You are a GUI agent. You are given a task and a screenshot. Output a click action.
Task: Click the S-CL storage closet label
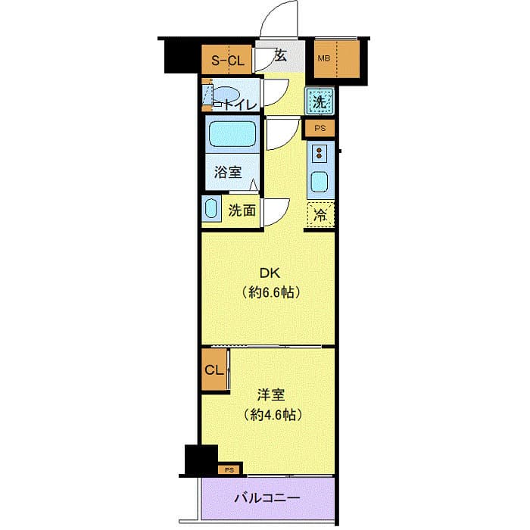pyautogui.click(x=227, y=61)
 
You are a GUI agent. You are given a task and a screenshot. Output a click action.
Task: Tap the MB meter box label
pyautogui.click(x=323, y=58)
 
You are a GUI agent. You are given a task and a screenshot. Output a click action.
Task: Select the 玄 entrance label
pyautogui.click(x=280, y=56)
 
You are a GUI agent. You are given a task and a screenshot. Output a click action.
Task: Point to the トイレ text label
pyautogui.click(x=240, y=105)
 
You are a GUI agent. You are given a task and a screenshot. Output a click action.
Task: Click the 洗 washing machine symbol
pyautogui.click(x=320, y=101)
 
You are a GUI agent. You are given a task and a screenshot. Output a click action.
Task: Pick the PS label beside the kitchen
pyautogui.click(x=320, y=129)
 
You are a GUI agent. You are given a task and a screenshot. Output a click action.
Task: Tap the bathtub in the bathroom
pyautogui.click(x=232, y=134)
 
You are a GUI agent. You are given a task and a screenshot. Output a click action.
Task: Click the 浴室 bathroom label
pyautogui.click(x=227, y=173)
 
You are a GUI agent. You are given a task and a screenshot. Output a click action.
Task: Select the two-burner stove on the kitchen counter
pyautogui.click(x=319, y=154)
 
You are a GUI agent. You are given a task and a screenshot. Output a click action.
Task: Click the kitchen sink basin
pyautogui.click(x=319, y=182)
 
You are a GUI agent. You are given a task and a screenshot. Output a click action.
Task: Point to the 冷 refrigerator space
pyautogui.click(x=320, y=214)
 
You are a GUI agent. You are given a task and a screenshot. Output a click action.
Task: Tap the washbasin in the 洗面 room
pyautogui.click(x=210, y=208)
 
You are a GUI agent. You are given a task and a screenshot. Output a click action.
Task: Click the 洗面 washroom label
pyautogui.click(x=242, y=210)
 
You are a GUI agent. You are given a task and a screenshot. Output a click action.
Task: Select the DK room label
pyautogui.click(x=270, y=273)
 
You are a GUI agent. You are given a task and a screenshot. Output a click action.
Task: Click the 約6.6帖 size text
pyautogui.click(x=271, y=292)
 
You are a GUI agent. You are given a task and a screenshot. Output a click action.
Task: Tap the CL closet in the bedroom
pyautogui.click(x=214, y=370)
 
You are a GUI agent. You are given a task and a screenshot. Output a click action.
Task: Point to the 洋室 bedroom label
pyautogui.click(x=271, y=394)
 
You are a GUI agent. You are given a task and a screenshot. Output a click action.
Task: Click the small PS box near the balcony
pyautogui.click(x=230, y=470)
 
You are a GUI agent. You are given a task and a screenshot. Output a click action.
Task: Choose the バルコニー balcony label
pyautogui.click(x=267, y=498)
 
